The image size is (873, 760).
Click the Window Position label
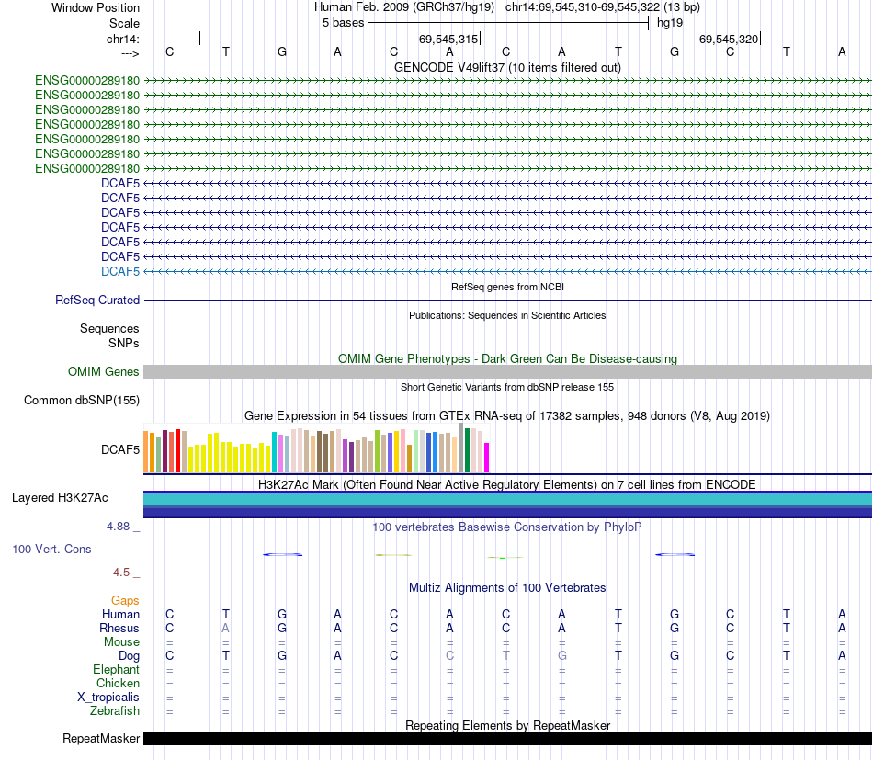[96, 7]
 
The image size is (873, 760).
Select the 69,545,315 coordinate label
[448, 39]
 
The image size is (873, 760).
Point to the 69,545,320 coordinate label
[729, 39]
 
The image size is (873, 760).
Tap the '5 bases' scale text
[343, 23]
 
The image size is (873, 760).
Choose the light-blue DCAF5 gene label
[120, 271]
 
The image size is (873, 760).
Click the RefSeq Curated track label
[97, 300]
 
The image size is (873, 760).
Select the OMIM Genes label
[104, 372]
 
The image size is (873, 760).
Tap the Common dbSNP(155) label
[82, 400]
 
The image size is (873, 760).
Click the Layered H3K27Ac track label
[60, 498]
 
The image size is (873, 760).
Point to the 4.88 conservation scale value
[119, 527]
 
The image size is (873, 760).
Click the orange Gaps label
[125, 600]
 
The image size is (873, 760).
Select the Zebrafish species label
[115, 710]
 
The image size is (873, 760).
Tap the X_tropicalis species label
[108, 697]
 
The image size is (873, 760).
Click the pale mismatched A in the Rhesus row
[225, 628]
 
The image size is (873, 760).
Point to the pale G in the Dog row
[561, 655]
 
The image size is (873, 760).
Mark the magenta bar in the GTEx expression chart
[487, 457]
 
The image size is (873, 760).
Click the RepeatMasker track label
[101, 739]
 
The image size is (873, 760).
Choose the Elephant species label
[117, 669]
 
